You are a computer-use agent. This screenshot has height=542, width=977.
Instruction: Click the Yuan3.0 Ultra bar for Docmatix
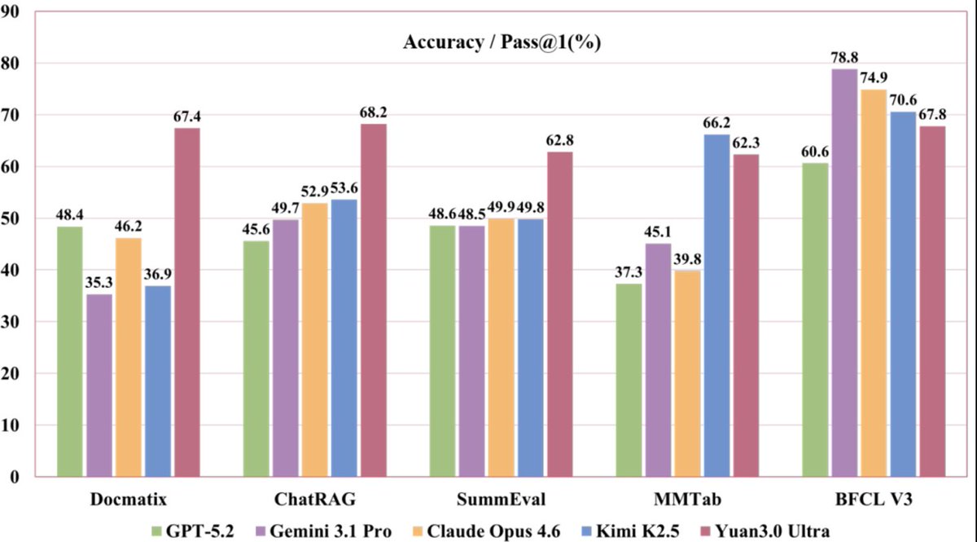pos(186,302)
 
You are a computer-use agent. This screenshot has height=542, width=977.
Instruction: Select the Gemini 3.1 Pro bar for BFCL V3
pos(844,272)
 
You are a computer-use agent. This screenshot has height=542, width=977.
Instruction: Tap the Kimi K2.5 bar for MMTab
pos(716,305)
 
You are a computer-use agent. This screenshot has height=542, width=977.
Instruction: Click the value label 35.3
pos(99,281)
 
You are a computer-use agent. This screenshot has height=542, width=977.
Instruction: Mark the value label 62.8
pos(560,138)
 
